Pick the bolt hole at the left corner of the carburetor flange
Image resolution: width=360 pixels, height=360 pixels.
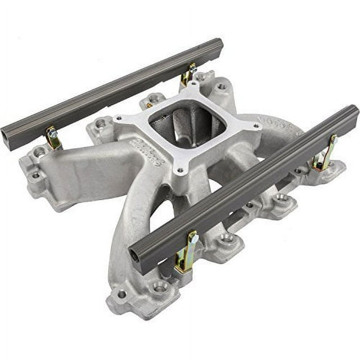pos(119,118)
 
